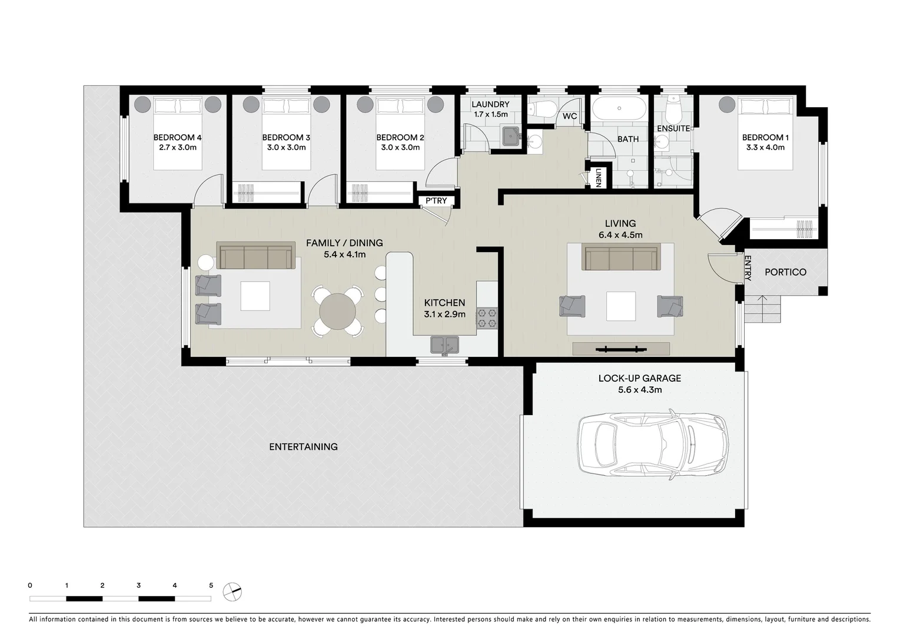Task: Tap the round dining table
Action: tap(337, 312)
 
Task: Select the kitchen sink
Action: tap(444, 344)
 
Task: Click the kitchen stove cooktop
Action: tap(487, 318)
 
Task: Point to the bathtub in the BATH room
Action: tap(616, 110)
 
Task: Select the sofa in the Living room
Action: tap(620, 257)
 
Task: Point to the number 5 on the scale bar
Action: tap(211, 585)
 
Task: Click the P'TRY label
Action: tap(436, 201)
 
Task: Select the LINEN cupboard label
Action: tap(598, 177)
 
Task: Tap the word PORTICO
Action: tap(785, 272)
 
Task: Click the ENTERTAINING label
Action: tap(303, 446)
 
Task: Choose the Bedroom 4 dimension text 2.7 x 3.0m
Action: tap(177, 147)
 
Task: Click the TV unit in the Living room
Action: tap(621, 349)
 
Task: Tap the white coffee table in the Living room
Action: tap(621, 306)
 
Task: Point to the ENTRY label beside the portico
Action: tap(748, 268)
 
